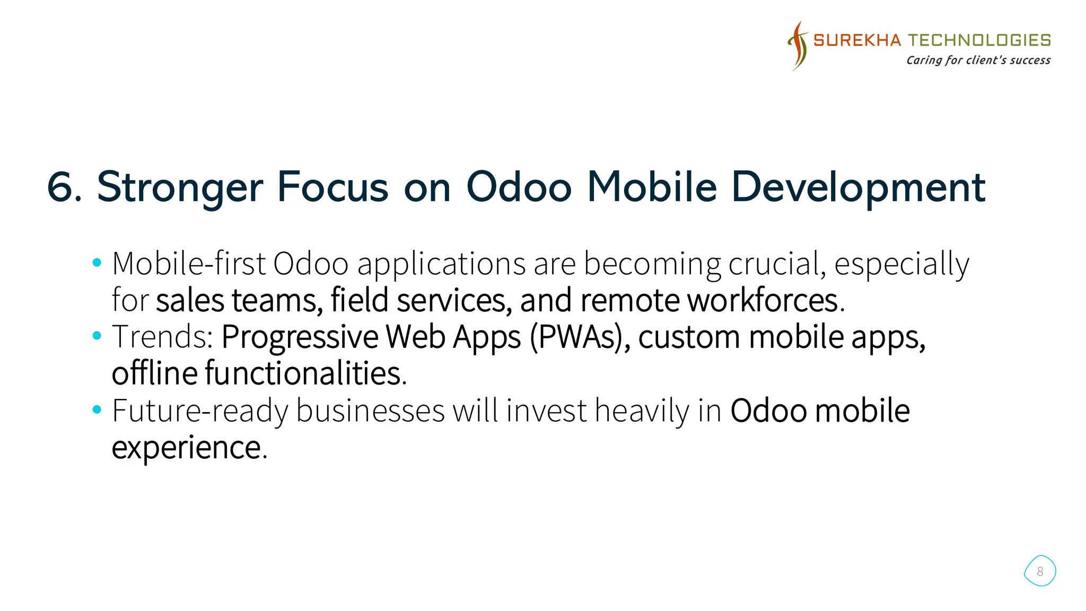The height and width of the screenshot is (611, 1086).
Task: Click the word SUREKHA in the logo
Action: [857, 40]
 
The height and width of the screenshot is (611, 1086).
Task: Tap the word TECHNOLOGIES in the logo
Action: [979, 40]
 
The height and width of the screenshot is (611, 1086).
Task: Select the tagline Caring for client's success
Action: [978, 60]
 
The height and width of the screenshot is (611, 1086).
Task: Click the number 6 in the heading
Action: [63, 187]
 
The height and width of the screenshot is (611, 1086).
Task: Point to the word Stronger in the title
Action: [180, 187]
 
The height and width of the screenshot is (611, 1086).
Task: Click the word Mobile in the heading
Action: [652, 187]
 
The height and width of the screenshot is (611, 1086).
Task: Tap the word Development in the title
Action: [858, 187]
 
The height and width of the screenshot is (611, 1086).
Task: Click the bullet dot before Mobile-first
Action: [97, 262]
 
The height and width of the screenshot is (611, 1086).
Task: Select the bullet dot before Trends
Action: [97, 335]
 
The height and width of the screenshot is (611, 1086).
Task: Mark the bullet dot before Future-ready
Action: [97, 409]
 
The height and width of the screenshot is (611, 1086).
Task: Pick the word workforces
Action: [763, 300]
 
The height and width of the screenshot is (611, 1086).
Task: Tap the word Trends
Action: [162, 337]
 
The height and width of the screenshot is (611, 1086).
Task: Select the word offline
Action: [155, 373]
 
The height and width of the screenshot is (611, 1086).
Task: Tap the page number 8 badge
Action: [1040, 571]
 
